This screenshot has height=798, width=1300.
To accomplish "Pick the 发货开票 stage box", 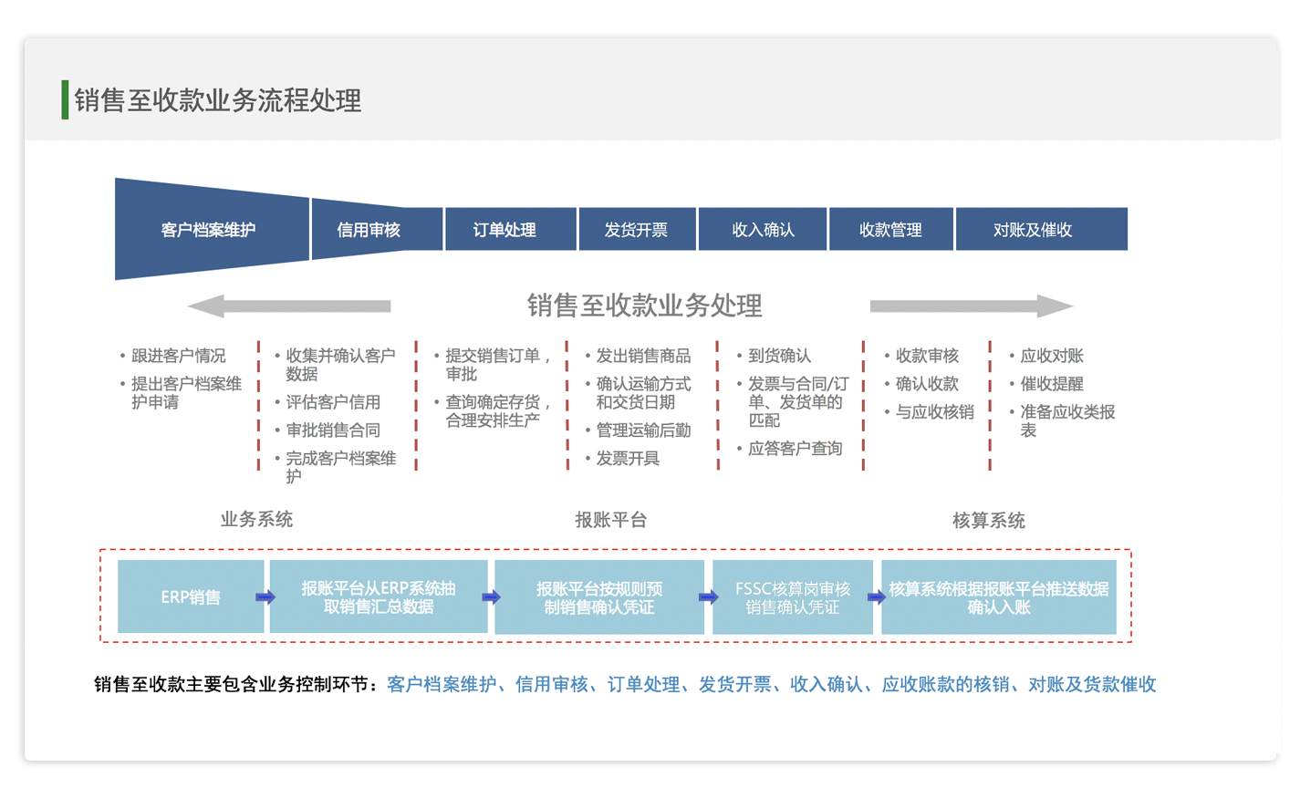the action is pos(638,229).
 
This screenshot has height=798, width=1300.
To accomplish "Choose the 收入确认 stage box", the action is pos(763,229).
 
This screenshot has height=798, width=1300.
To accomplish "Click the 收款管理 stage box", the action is pos(891,229).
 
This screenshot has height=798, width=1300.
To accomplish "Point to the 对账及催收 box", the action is pos(1042,229).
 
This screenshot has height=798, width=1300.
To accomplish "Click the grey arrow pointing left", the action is pos(289,306).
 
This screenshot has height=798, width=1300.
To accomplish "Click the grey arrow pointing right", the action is pos(972,306).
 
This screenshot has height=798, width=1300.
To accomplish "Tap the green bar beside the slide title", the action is pos(65,99).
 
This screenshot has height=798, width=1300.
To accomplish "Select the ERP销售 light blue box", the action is pos(191,596).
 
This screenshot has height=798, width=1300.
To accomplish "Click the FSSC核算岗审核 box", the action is pos(793,596).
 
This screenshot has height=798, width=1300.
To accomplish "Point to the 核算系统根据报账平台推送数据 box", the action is pos(999,596).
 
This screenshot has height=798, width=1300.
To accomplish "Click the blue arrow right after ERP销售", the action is pos(265,596).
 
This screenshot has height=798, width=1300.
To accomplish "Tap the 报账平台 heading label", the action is pos(610,520).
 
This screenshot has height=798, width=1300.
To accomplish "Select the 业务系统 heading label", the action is pos(256,520).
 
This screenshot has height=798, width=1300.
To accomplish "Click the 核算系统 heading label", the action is pos(989,521).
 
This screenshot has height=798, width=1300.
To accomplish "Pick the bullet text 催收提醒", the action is pos(1052,384).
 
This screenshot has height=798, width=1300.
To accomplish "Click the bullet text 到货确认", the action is pos(779,355).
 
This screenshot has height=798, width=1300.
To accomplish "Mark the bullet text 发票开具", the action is pos(628,459).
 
